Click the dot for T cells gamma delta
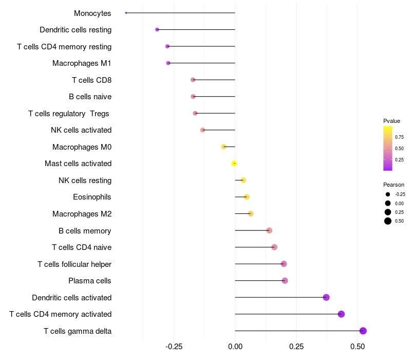[x=363, y=331]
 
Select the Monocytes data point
[x=126, y=13]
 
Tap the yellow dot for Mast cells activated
[x=234, y=164]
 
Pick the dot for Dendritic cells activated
[x=326, y=297]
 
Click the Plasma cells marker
[x=285, y=281]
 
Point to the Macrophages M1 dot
[x=168, y=63]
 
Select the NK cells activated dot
[x=203, y=130]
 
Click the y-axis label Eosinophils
[x=92, y=197]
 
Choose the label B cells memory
[x=85, y=230]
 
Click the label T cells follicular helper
[x=74, y=264]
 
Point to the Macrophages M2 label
[x=82, y=214]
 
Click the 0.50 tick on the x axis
[x=358, y=347]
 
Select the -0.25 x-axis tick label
[x=174, y=347]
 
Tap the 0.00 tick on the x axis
[x=235, y=347]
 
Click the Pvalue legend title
[x=391, y=121]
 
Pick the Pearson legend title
[x=394, y=185]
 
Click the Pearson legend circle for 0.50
[x=388, y=221]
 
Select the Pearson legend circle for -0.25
[x=388, y=194]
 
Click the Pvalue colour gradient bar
[x=388, y=148]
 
